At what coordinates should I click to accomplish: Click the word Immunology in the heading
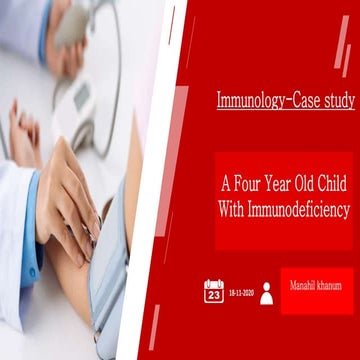(250, 101)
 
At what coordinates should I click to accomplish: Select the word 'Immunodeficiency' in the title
(298, 209)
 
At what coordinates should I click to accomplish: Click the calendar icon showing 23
(214, 291)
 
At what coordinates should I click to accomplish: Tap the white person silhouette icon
(267, 292)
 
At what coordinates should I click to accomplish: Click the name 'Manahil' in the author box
(302, 286)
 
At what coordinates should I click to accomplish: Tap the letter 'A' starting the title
(227, 186)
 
